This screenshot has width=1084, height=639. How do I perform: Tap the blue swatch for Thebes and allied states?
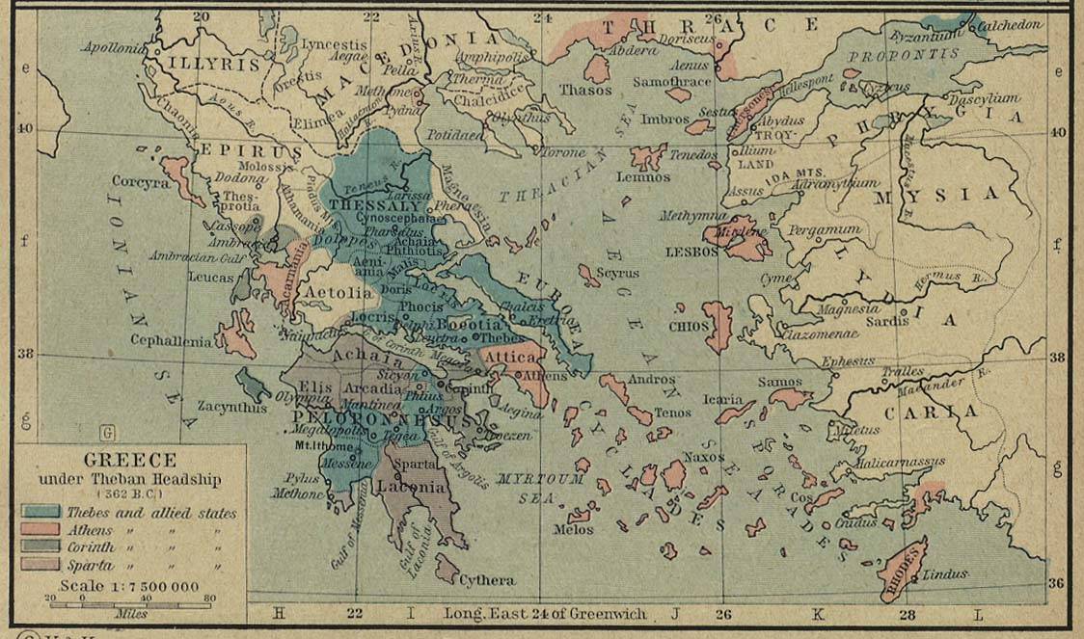(40, 513)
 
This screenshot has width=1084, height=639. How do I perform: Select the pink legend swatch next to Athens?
(40, 530)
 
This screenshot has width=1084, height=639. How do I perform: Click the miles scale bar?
(129, 604)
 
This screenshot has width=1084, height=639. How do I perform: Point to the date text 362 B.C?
(129, 494)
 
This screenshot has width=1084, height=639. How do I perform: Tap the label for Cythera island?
(487, 580)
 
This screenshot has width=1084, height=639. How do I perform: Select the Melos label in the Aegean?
(573, 529)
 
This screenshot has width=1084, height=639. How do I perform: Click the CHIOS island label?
(689, 326)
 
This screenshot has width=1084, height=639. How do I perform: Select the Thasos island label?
(585, 90)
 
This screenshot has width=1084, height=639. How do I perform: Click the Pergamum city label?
(824, 230)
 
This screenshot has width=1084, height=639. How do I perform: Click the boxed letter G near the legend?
(107, 432)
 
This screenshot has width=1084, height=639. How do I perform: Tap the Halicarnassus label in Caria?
(900, 462)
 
